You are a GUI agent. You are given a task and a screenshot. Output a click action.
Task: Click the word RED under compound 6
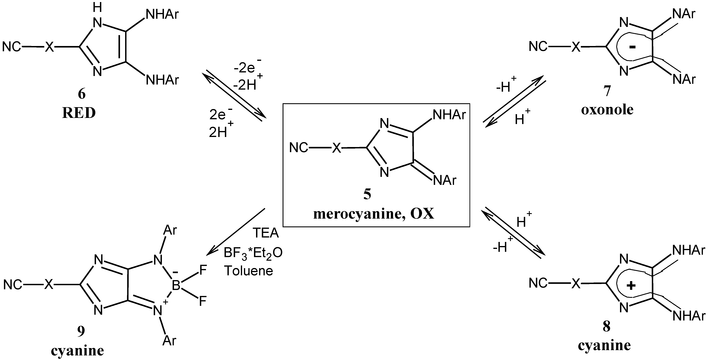[79, 113]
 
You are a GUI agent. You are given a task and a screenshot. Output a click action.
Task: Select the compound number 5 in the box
[367, 194]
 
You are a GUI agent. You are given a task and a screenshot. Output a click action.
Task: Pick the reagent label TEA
[266, 233]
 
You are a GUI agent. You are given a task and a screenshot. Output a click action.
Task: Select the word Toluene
[249, 271]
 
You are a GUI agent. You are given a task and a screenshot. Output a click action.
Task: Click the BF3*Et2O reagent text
[253, 252]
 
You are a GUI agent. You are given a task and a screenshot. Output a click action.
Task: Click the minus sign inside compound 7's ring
[632, 47]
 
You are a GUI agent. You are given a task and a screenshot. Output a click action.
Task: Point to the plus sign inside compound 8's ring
[631, 286]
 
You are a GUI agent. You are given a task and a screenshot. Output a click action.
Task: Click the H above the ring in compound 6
[97, 8]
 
